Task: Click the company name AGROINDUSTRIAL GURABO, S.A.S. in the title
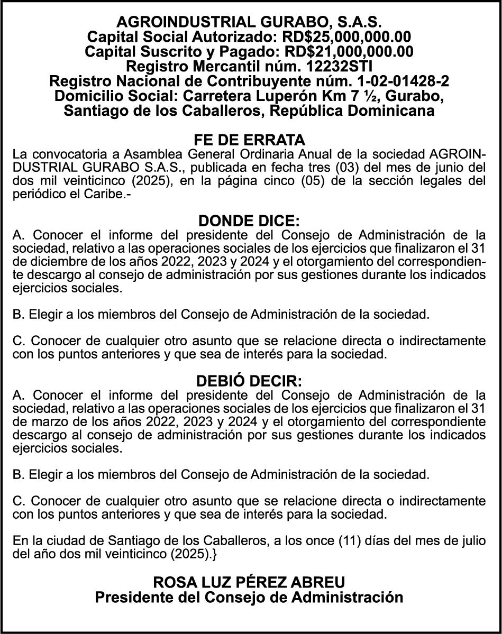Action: tap(249, 22)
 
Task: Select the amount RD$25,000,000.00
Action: tap(346, 37)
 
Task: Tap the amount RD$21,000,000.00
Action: tap(349, 52)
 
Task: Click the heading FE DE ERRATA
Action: tap(250, 140)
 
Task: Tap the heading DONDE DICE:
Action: tap(249, 220)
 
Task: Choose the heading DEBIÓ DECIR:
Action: tap(249, 381)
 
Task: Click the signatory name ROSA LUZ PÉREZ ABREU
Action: tap(249, 582)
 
